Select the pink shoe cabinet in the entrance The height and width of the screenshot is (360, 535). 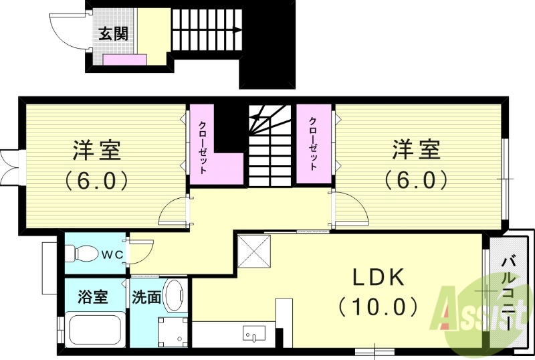coord(125,60)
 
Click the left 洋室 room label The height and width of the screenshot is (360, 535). coord(97,150)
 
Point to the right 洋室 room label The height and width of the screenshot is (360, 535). coord(415,150)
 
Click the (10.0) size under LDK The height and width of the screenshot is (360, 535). coord(379,306)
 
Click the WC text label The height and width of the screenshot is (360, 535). coord(111,254)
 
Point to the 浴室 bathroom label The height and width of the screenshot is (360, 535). coord(93,296)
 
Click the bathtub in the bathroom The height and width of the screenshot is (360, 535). coord(94,330)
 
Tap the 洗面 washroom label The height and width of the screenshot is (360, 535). coord(146,296)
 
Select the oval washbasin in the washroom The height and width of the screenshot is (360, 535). coord(175,295)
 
